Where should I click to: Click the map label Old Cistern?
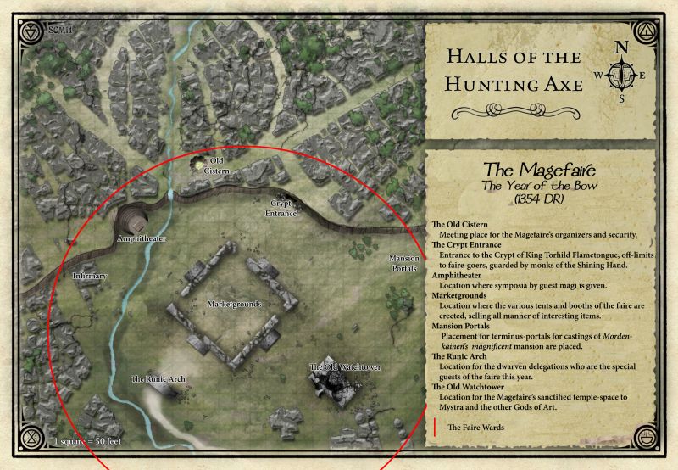pyautogui.click(x=217, y=165)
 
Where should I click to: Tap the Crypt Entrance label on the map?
pyautogui.click(x=283, y=209)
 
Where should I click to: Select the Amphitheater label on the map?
pyautogui.click(x=142, y=239)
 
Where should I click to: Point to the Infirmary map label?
pyautogui.click(x=91, y=276)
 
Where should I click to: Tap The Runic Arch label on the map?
pyautogui.click(x=158, y=378)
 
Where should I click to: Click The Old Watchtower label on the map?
pyautogui.click(x=345, y=366)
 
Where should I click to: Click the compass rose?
pyautogui.click(x=624, y=74)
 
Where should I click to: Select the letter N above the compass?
pyautogui.click(x=622, y=48)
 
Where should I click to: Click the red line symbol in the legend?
pyautogui.click(x=435, y=427)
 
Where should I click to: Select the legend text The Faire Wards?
pyautogui.click(x=479, y=428)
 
